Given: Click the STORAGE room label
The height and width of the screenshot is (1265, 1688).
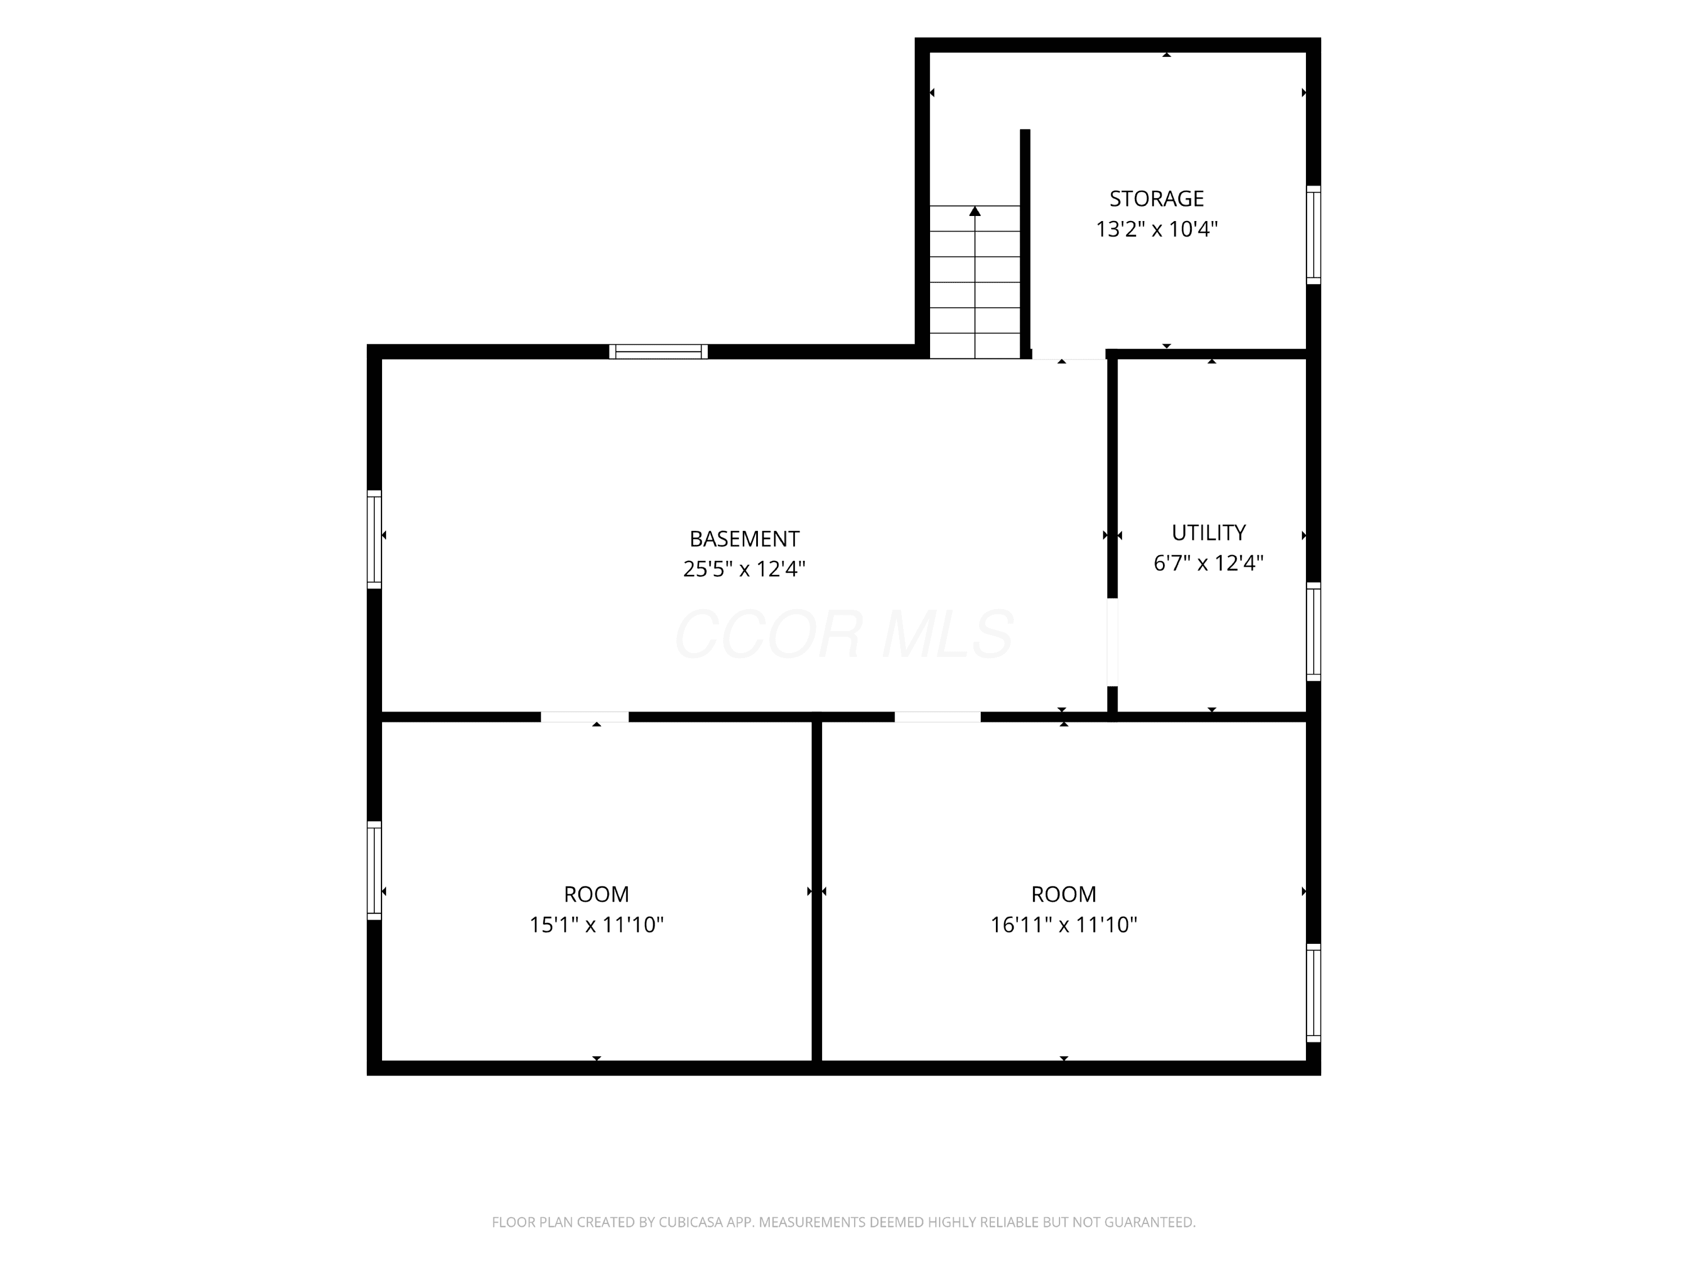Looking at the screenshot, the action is [x=1156, y=199].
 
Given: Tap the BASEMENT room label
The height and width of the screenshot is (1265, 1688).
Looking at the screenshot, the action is [x=744, y=539].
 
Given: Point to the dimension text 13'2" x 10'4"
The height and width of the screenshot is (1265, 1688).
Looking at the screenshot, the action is [x=1157, y=229].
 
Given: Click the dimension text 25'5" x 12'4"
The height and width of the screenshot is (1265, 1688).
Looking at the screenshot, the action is [x=744, y=569].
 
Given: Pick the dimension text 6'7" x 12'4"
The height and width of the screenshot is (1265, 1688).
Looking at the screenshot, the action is [x=1209, y=562].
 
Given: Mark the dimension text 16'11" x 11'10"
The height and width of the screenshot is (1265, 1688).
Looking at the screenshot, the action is [x=1064, y=924].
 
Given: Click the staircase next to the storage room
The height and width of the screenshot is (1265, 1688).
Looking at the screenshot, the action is [x=975, y=282].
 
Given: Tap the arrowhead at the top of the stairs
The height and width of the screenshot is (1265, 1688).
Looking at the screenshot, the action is [x=975, y=210].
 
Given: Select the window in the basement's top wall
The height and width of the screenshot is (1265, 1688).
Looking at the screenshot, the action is [x=658, y=352].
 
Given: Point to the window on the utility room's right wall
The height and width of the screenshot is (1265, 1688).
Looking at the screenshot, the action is [x=1313, y=632].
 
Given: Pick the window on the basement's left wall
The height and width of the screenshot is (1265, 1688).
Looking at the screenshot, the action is [x=375, y=539].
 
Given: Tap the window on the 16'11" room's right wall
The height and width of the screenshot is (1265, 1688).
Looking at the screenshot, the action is [x=1313, y=993].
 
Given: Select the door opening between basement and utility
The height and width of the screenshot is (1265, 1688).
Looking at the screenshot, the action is [x=1112, y=642].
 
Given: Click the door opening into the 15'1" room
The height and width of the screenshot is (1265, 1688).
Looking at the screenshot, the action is [x=585, y=717].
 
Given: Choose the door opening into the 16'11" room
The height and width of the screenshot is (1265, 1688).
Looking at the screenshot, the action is [x=937, y=717].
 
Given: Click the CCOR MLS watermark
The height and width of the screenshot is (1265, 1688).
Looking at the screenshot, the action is [x=844, y=634].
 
